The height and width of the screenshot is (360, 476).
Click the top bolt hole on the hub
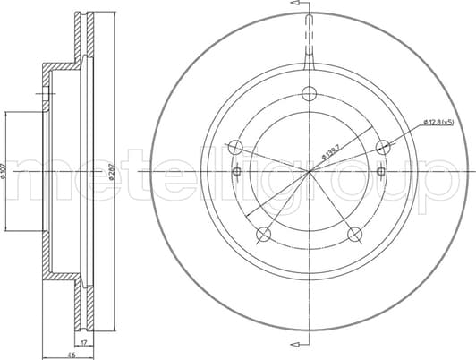tap(309, 93)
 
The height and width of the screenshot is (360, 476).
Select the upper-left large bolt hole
tap(234, 148)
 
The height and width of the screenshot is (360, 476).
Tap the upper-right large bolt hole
tap(382, 148)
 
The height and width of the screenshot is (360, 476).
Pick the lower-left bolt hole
tap(263, 236)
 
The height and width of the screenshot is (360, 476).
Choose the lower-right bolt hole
tap(354, 236)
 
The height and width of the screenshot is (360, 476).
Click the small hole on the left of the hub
tap(236, 171)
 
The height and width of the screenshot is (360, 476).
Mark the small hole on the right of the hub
tap(381, 171)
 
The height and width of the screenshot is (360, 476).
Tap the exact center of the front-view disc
tap(309, 171)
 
